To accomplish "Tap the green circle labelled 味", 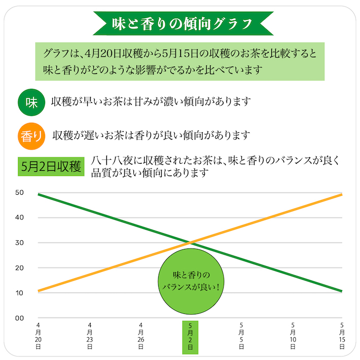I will (x=31, y=101).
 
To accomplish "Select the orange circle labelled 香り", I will (x=31, y=135).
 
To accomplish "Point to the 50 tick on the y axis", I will (x=20, y=192).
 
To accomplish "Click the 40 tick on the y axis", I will (x=20, y=218).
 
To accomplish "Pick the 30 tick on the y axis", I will (x=20, y=242).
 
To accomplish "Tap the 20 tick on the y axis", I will (x=20, y=268).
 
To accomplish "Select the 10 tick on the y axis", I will (x=20, y=293).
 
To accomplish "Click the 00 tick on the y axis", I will (x=20, y=318).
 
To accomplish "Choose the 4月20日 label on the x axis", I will (x=39, y=336).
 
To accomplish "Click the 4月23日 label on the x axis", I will (x=89, y=336).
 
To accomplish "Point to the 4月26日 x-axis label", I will (x=140, y=336).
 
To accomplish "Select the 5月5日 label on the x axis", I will (x=241, y=336).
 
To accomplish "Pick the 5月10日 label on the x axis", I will (x=292, y=336).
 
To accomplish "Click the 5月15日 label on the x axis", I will (x=342, y=336).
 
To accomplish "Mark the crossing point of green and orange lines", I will (x=190, y=243).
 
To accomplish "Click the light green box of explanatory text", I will (x=179, y=61).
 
